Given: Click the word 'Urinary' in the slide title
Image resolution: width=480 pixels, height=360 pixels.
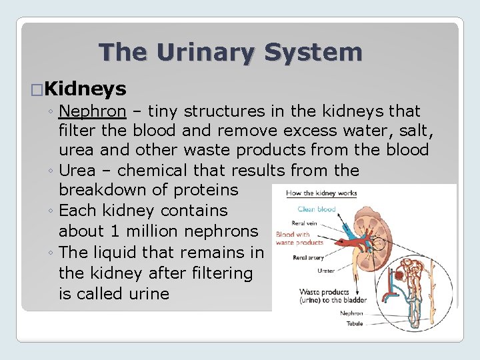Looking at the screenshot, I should click(216, 52).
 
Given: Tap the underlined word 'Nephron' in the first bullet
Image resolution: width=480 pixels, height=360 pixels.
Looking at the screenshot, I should click(92, 111).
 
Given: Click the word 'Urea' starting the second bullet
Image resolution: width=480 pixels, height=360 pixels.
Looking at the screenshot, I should click(79, 170).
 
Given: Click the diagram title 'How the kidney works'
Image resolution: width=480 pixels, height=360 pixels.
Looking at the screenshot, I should click(321, 193).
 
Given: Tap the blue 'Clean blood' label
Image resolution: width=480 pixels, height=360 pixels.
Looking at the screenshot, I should click(317, 209).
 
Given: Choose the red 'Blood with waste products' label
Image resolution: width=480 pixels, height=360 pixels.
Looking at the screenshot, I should click(299, 239).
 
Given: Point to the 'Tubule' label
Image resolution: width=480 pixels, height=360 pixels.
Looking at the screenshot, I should click(355, 324).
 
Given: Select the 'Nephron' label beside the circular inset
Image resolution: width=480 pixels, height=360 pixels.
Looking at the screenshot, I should click(351, 313).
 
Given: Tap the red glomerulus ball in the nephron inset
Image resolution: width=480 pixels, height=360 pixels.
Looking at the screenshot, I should click(399, 275).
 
